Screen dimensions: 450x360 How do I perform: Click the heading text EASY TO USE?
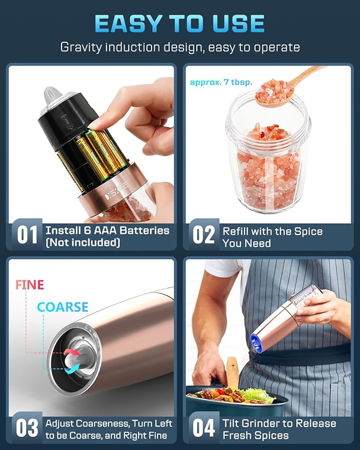(x=180, y=23)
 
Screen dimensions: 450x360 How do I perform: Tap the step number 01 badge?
(x=27, y=234)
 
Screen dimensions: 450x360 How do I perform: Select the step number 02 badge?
(x=203, y=234)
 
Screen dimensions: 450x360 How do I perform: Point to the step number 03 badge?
(x=27, y=428)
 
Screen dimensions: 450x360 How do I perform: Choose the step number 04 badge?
(x=203, y=428)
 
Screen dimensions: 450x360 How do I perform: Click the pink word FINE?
(x=30, y=285)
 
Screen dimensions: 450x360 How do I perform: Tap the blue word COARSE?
(x=63, y=307)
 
